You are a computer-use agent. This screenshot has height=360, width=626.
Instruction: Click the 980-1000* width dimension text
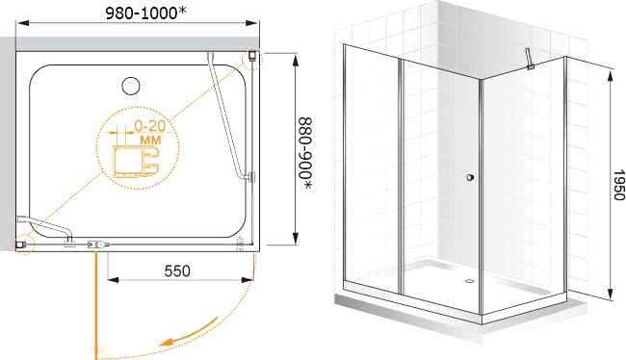[x=145, y=13]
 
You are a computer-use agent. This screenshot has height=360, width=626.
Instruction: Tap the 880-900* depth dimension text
[x=306, y=153]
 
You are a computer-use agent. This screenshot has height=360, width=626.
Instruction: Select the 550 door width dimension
[x=177, y=271]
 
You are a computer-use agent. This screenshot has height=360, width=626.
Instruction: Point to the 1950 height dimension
[x=619, y=185]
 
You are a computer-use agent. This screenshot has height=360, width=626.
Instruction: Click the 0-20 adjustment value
[x=149, y=126]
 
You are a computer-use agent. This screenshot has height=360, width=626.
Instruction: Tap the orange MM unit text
[x=150, y=141]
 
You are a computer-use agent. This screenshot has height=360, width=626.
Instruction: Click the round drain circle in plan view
[x=131, y=86]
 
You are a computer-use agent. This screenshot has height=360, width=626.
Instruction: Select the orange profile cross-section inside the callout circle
[x=136, y=161]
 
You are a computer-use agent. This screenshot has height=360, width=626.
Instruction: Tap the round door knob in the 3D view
[x=470, y=177]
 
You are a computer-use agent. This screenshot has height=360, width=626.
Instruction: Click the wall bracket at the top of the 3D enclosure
[x=529, y=59]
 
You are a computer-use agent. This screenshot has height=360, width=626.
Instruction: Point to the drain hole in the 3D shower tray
[x=470, y=280]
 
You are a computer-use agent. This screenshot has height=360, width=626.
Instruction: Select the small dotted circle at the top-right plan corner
[x=252, y=59]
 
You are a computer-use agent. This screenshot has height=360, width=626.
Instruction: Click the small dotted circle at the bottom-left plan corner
[x=24, y=244]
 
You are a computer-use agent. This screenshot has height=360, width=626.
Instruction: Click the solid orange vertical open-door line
[x=96, y=304]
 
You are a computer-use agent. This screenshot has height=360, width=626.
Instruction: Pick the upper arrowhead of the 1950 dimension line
[x=611, y=75]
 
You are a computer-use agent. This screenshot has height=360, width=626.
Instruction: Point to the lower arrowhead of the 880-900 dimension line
[x=295, y=239]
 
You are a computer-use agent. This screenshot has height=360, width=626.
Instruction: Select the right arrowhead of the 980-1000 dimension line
[x=252, y=23]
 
